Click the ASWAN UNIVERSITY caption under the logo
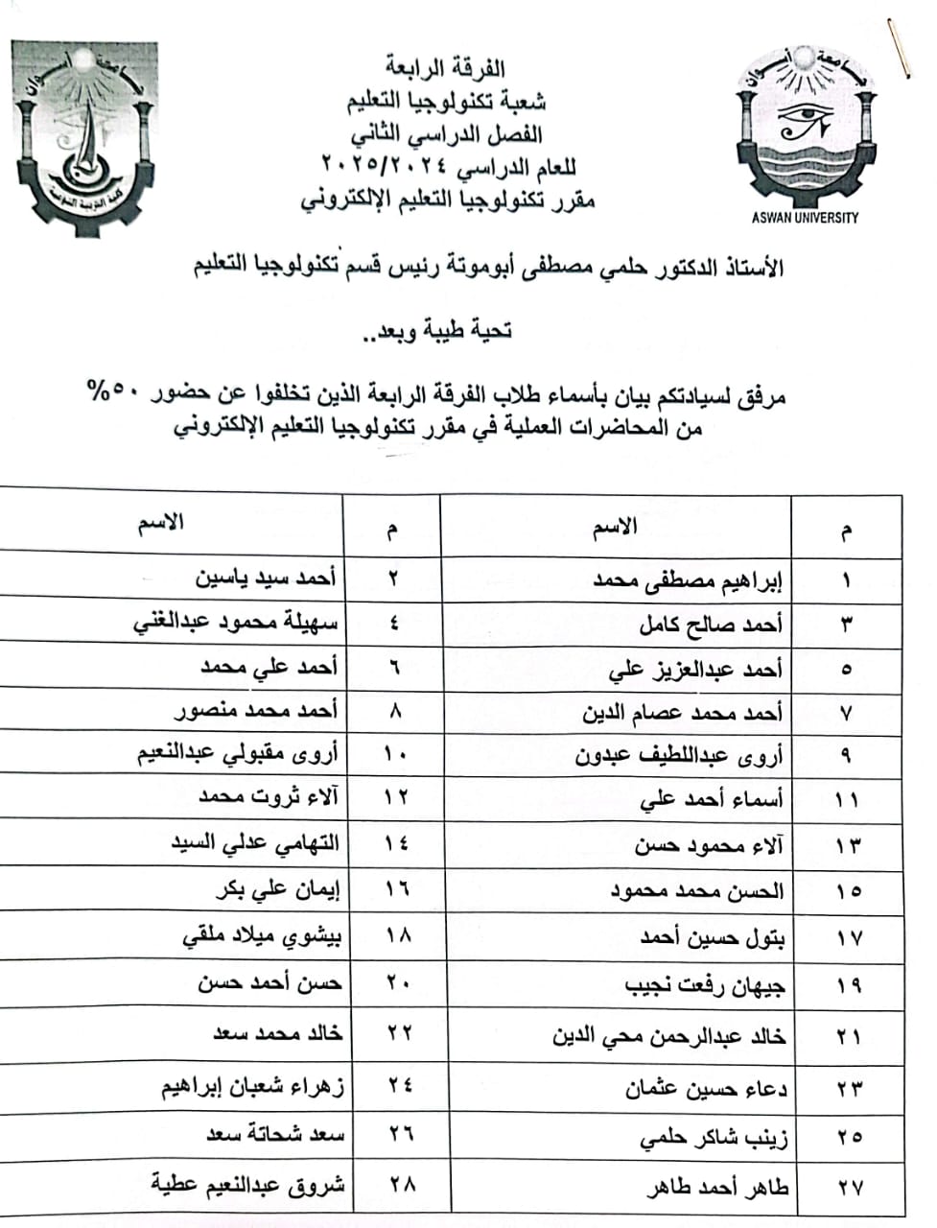tap(805, 218)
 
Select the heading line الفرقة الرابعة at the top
tap(445, 68)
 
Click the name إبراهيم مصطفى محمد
tap(689, 580)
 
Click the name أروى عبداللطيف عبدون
tap(678, 756)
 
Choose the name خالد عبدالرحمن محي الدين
tap(669, 1037)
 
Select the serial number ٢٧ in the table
tap(849, 1188)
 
